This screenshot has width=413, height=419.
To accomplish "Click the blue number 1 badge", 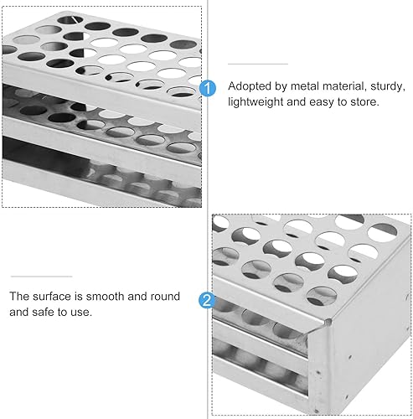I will click(x=209, y=87).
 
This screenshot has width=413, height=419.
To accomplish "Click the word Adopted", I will click(x=250, y=86).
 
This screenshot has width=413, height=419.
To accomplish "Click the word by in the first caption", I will click(x=281, y=86).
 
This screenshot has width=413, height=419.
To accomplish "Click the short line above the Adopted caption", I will click(x=258, y=64).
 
